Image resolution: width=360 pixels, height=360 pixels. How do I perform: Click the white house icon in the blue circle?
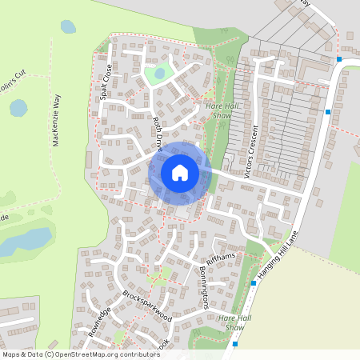coord(180,172)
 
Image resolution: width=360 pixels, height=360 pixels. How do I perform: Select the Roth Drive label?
coord(158,134)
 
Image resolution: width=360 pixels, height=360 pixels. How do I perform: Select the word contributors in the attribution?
coord(134,354)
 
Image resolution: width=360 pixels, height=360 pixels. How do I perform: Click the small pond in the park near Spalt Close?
coord(159,74)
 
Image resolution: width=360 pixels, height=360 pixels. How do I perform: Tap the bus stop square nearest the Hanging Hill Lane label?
coord(254,282)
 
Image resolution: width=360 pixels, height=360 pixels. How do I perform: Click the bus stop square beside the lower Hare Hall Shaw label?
coord(236,344)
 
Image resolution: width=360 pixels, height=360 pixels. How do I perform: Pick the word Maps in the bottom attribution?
coord(11,354)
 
